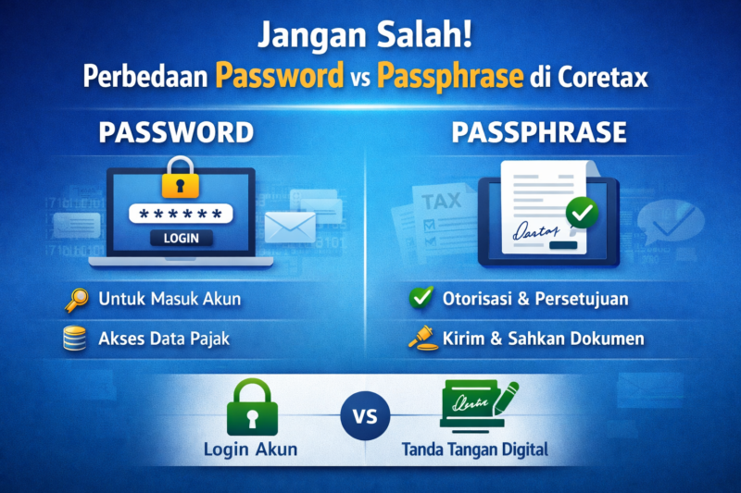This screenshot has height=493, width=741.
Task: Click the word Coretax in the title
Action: point(602,76)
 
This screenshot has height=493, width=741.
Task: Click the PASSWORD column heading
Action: point(176,132)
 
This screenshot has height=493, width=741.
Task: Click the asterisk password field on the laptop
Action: point(181,214)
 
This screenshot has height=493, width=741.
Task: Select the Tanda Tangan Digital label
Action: point(475,450)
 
